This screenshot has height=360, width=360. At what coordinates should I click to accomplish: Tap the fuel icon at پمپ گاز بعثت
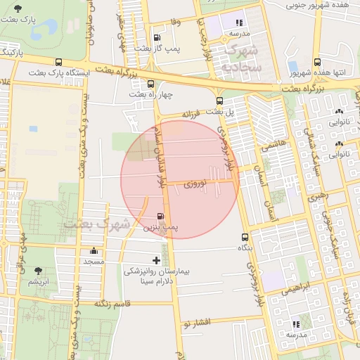156,37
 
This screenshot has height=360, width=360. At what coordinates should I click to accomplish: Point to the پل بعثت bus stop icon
219,101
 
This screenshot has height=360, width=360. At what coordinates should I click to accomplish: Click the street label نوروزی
195,184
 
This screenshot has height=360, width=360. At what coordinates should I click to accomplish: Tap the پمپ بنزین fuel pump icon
162,217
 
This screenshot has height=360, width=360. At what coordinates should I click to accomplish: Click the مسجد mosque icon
94,251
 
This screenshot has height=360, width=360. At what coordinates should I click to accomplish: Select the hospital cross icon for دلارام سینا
156,259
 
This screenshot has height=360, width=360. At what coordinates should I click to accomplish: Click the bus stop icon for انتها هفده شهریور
318,63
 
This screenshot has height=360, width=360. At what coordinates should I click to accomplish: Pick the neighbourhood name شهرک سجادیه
240,58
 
